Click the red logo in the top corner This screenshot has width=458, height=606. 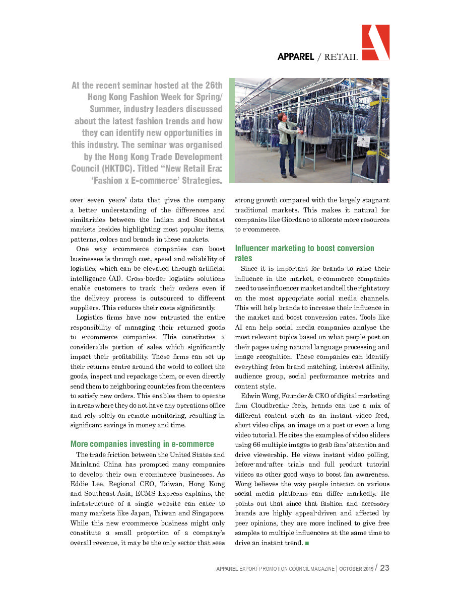375,42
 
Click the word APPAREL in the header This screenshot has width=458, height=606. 296,57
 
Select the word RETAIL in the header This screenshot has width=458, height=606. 341,57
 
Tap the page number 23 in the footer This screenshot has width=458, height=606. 384,568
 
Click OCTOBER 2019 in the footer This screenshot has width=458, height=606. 356,569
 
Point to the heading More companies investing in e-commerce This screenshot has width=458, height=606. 142,444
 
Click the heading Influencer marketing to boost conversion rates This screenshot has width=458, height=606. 304,253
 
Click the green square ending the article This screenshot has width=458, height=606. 307,543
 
